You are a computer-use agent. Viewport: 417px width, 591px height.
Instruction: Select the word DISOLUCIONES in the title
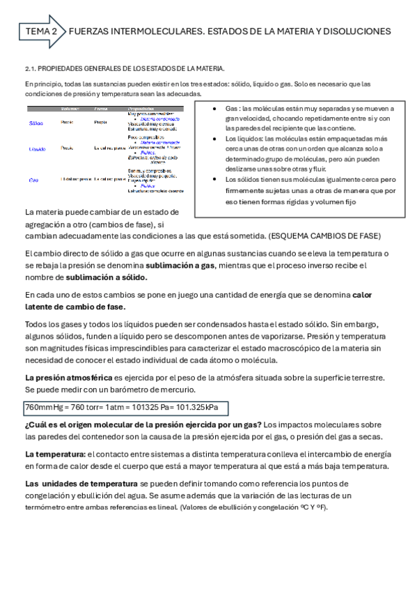356,31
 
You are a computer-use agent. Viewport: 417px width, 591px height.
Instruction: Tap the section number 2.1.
29,68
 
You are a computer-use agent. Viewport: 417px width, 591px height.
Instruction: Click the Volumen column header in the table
70,109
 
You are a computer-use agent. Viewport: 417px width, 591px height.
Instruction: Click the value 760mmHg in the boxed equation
43,407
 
